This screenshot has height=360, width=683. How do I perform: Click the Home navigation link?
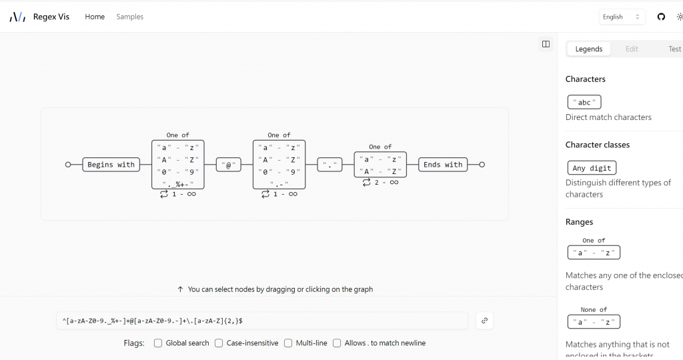coord(95,17)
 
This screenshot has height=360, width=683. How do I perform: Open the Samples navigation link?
coord(129,17)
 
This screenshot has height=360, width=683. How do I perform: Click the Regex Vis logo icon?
coord(17,17)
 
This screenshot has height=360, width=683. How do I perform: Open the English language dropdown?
coord(621,17)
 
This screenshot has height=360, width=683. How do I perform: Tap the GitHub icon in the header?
coord(661,17)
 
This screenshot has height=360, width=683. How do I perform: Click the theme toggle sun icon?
coord(679,17)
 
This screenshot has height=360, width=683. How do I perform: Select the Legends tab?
coord(589,49)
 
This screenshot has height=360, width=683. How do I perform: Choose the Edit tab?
coord(632,49)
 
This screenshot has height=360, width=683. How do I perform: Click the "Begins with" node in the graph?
coord(111,165)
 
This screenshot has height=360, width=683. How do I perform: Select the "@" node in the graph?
coord(229,165)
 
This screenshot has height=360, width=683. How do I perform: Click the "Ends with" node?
coord(443,165)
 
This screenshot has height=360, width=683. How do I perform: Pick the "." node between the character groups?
coord(329,165)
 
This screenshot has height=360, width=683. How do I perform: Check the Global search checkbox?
coord(158,343)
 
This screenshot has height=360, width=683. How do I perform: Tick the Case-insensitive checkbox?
coord(219,343)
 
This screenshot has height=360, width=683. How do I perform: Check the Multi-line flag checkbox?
coord(288,343)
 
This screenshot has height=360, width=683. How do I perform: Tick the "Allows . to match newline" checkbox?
coord(337,343)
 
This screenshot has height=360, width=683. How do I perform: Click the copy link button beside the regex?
coord(484,321)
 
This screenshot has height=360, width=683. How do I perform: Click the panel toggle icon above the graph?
coord(546,44)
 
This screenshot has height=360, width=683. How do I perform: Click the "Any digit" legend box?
coord(592,167)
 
